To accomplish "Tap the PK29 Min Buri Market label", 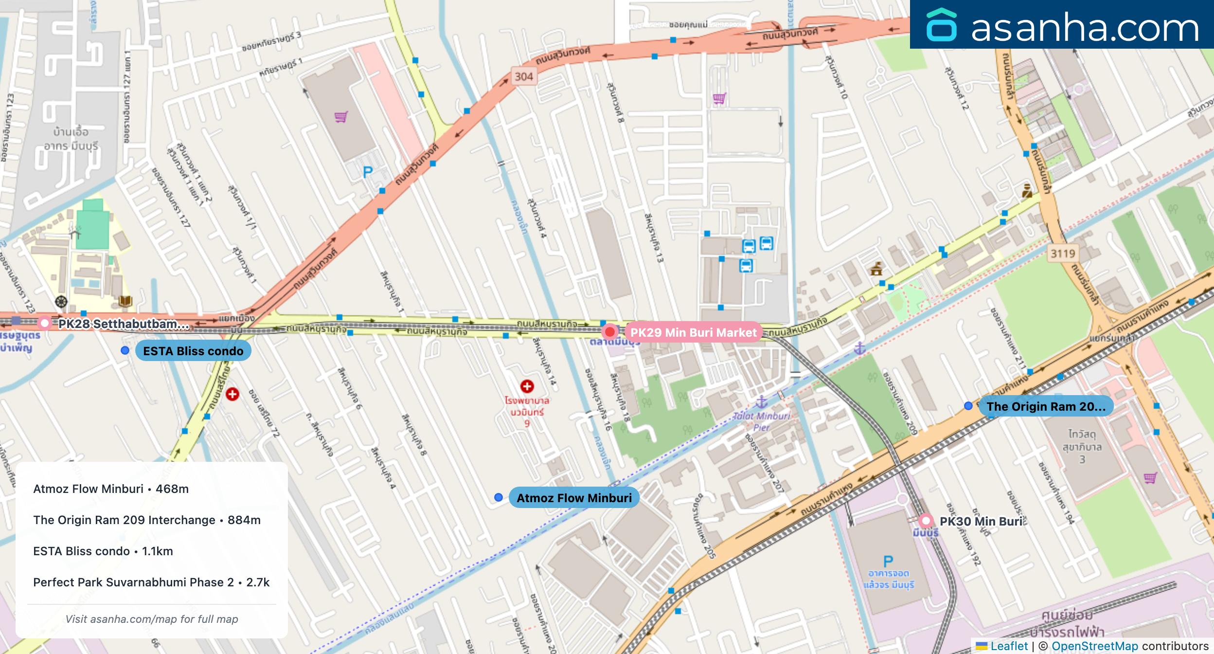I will (693, 332).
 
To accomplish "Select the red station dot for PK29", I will (609, 332).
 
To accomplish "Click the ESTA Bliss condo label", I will (193, 351).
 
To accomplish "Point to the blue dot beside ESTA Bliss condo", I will (125, 350).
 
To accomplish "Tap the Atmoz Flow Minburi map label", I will (574, 498).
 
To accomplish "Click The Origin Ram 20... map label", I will (1046, 406).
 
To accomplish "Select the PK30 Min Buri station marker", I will (926, 521).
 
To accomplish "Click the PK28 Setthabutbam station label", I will (124, 324).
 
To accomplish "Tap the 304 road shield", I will (524, 76).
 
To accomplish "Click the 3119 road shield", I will (1063, 254).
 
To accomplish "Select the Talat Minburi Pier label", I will (761, 421).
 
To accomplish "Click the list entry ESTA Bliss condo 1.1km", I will (103, 551).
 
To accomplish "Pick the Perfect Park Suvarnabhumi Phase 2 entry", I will (151, 582).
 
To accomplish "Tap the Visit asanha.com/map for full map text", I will (152, 619).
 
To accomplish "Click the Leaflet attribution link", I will (1009, 646).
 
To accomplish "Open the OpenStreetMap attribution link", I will (1094, 646).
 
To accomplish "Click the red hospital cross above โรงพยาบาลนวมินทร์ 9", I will (527, 386).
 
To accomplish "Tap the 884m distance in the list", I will (244, 520).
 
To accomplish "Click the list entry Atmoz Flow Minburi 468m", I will (111, 489).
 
